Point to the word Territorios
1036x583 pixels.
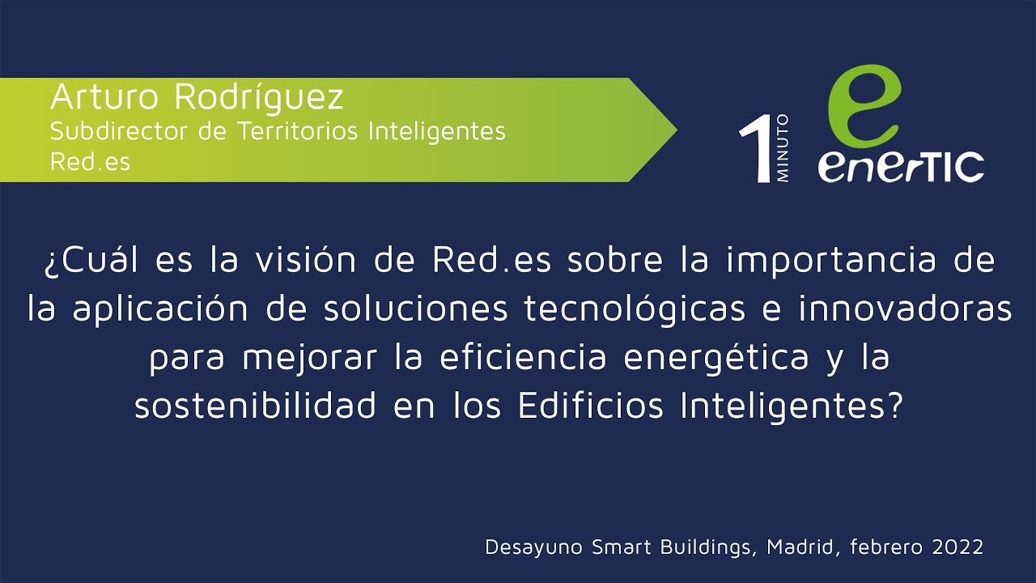pos(298,130)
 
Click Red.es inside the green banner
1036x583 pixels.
pos(90,161)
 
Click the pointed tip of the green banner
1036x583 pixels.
pos(677,130)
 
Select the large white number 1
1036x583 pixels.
pos(756,148)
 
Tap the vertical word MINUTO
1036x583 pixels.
pos(783,148)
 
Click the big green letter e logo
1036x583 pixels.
pos(864,105)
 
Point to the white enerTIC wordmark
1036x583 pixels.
pos(901,167)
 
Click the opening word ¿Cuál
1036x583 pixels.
pos(91,260)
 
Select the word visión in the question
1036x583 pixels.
pos(306,259)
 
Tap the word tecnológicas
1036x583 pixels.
pos(635,309)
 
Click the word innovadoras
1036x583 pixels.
pos(905,309)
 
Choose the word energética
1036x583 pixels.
pos(716,357)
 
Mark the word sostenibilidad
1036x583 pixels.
pos(255,406)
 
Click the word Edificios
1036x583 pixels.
pos(591,406)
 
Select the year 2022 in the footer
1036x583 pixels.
pos(957,547)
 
